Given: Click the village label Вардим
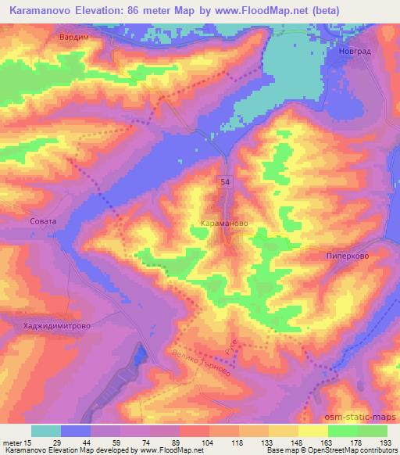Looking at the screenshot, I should pos(72,37).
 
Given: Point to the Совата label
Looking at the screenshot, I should pos(43,221).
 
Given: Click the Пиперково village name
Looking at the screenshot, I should pos(346,255).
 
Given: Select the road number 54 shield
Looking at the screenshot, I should pos(224,181).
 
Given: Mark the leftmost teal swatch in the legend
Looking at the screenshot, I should pos(46,430).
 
